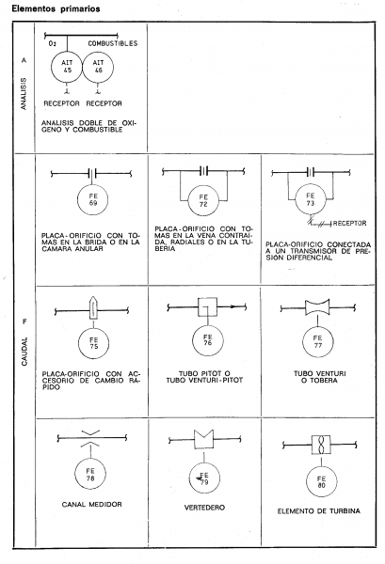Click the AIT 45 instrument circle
(x=52, y=67)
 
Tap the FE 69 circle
(x=78, y=199)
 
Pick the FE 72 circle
(x=188, y=201)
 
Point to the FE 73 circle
(x=296, y=200)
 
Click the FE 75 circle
(x=78, y=343)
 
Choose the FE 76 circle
(x=192, y=340)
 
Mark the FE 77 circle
(x=302, y=342)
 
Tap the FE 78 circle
(x=75, y=475)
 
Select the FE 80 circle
(x=307, y=481)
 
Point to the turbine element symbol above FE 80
(x=321, y=445)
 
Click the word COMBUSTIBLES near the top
(x=113, y=43)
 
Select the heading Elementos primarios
(x=56, y=8)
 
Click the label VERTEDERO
(x=204, y=508)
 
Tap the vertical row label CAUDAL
(x=24, y=352)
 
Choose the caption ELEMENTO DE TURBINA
(x=319, y=511)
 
